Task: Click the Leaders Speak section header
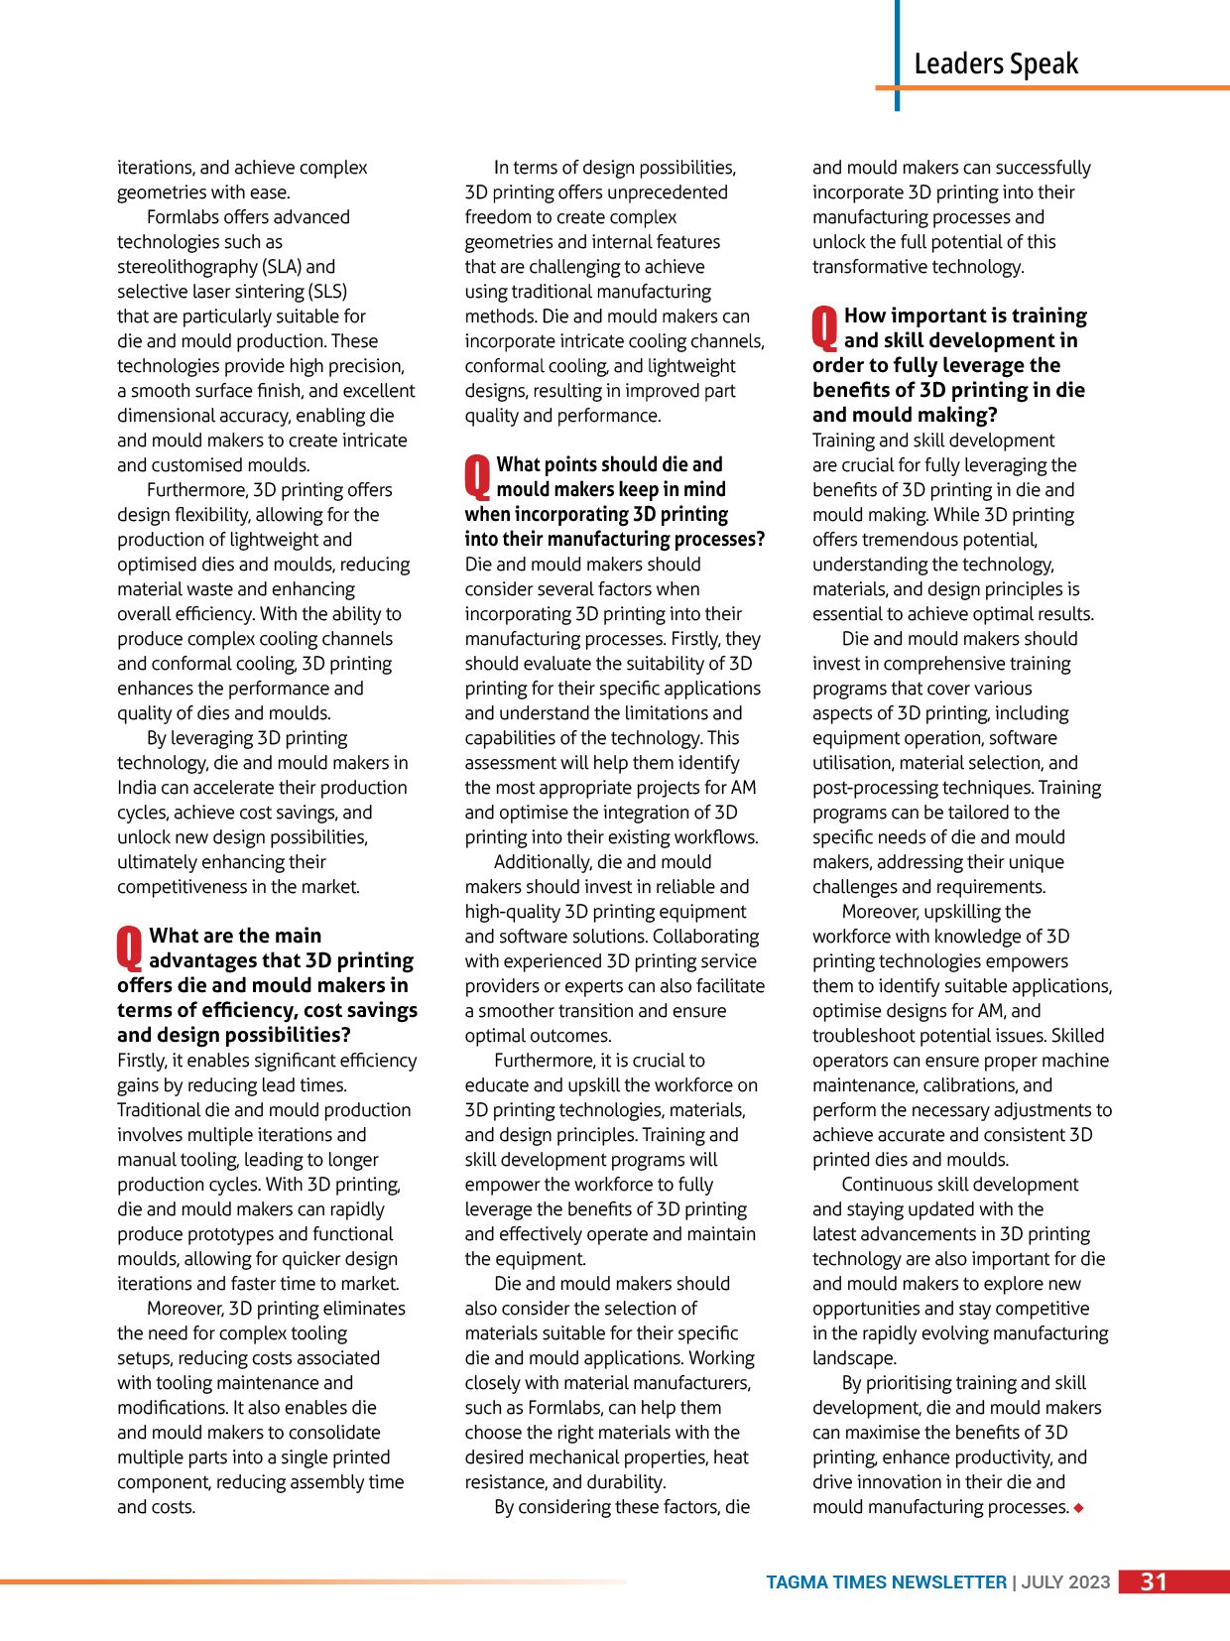click(995, 64)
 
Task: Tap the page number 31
click(1154, 1581)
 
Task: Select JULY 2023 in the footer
click(1065, 1582)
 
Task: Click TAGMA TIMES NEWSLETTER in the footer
click(886, 1582)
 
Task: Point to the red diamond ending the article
click(1078, 1508)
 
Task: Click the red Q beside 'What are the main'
click(130, 947)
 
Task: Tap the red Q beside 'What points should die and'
click(477, 476)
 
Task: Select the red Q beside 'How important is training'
click(825, 327)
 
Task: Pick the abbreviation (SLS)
click(327, 292)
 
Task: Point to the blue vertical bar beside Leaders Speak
click(897, 55)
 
